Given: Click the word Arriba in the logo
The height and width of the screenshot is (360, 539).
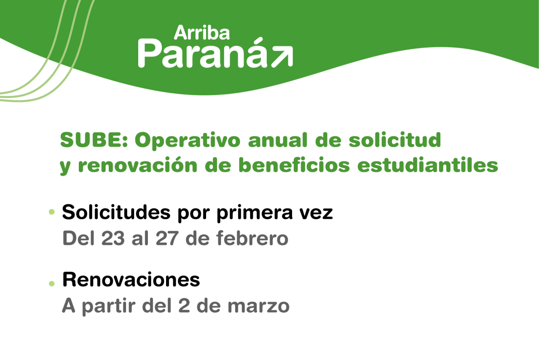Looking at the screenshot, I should (x=201, y=32).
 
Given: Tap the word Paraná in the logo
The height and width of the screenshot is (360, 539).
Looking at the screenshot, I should (x=203, y=54).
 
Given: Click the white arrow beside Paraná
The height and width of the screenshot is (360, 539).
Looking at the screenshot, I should (x=282, y=57).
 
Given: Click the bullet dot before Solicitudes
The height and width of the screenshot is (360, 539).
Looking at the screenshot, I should (x=52, y=212).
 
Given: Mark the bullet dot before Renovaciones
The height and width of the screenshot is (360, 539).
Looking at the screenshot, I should (x=52, y=284).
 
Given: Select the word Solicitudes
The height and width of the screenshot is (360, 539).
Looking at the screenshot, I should (x=115, y=212).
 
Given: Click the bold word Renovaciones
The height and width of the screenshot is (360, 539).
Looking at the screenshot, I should (x=131, y=279).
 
